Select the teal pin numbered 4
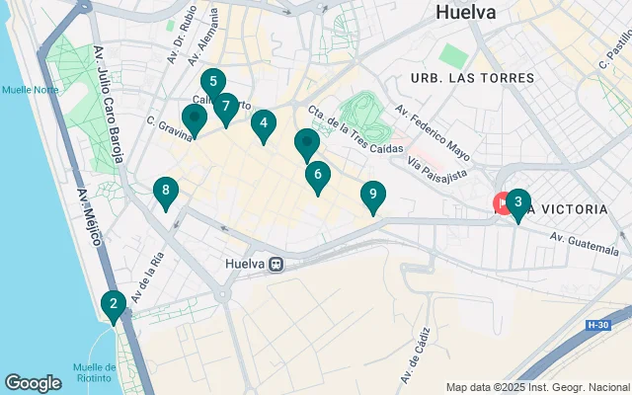point(263,124)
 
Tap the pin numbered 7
point(226,106)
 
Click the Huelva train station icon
point(277,265)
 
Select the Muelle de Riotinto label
point(95,372)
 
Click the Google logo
point(34,382)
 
